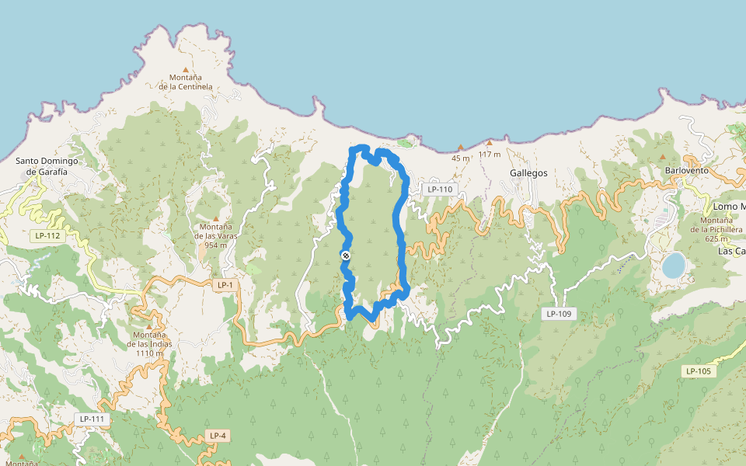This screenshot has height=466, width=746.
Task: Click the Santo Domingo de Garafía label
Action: (48, 166)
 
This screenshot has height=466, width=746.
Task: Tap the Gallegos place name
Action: (529, 173)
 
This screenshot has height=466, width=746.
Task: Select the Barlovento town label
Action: (687, 170)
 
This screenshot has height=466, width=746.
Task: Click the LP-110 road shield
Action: (439, 190)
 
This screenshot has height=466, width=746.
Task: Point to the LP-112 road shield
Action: (47, 235)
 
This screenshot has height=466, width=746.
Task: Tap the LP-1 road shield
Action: (225, 285)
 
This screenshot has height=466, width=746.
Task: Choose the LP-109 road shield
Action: (559, 314)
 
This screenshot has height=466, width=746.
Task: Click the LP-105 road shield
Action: (699, 371)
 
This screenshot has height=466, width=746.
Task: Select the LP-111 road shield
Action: (92, 419)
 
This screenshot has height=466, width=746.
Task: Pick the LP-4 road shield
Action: (218, 436)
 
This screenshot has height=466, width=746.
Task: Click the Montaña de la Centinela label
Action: (186, 82)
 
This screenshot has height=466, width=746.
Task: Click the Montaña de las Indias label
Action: (149, 344)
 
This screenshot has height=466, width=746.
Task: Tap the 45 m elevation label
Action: (461, 158)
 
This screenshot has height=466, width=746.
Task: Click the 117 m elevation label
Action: (490, 154)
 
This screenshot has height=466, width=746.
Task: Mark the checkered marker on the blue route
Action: (346, 256)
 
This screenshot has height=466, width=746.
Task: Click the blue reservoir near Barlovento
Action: (673, 265)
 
